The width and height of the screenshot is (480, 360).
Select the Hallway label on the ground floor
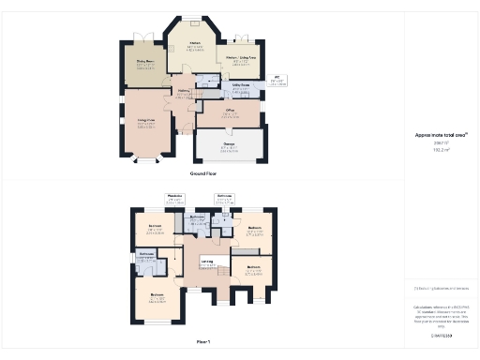point(185,92)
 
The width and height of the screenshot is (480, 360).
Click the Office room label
point(229,113)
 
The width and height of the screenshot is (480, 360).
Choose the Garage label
point(228,147)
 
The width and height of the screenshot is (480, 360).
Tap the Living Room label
point(144,124)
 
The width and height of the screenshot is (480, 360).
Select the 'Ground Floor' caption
point(203,174)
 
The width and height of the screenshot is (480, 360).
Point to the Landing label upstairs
point(206,262)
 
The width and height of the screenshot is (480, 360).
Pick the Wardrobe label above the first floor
point(173,199)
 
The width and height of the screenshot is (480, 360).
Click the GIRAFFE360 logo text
point(441,335)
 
